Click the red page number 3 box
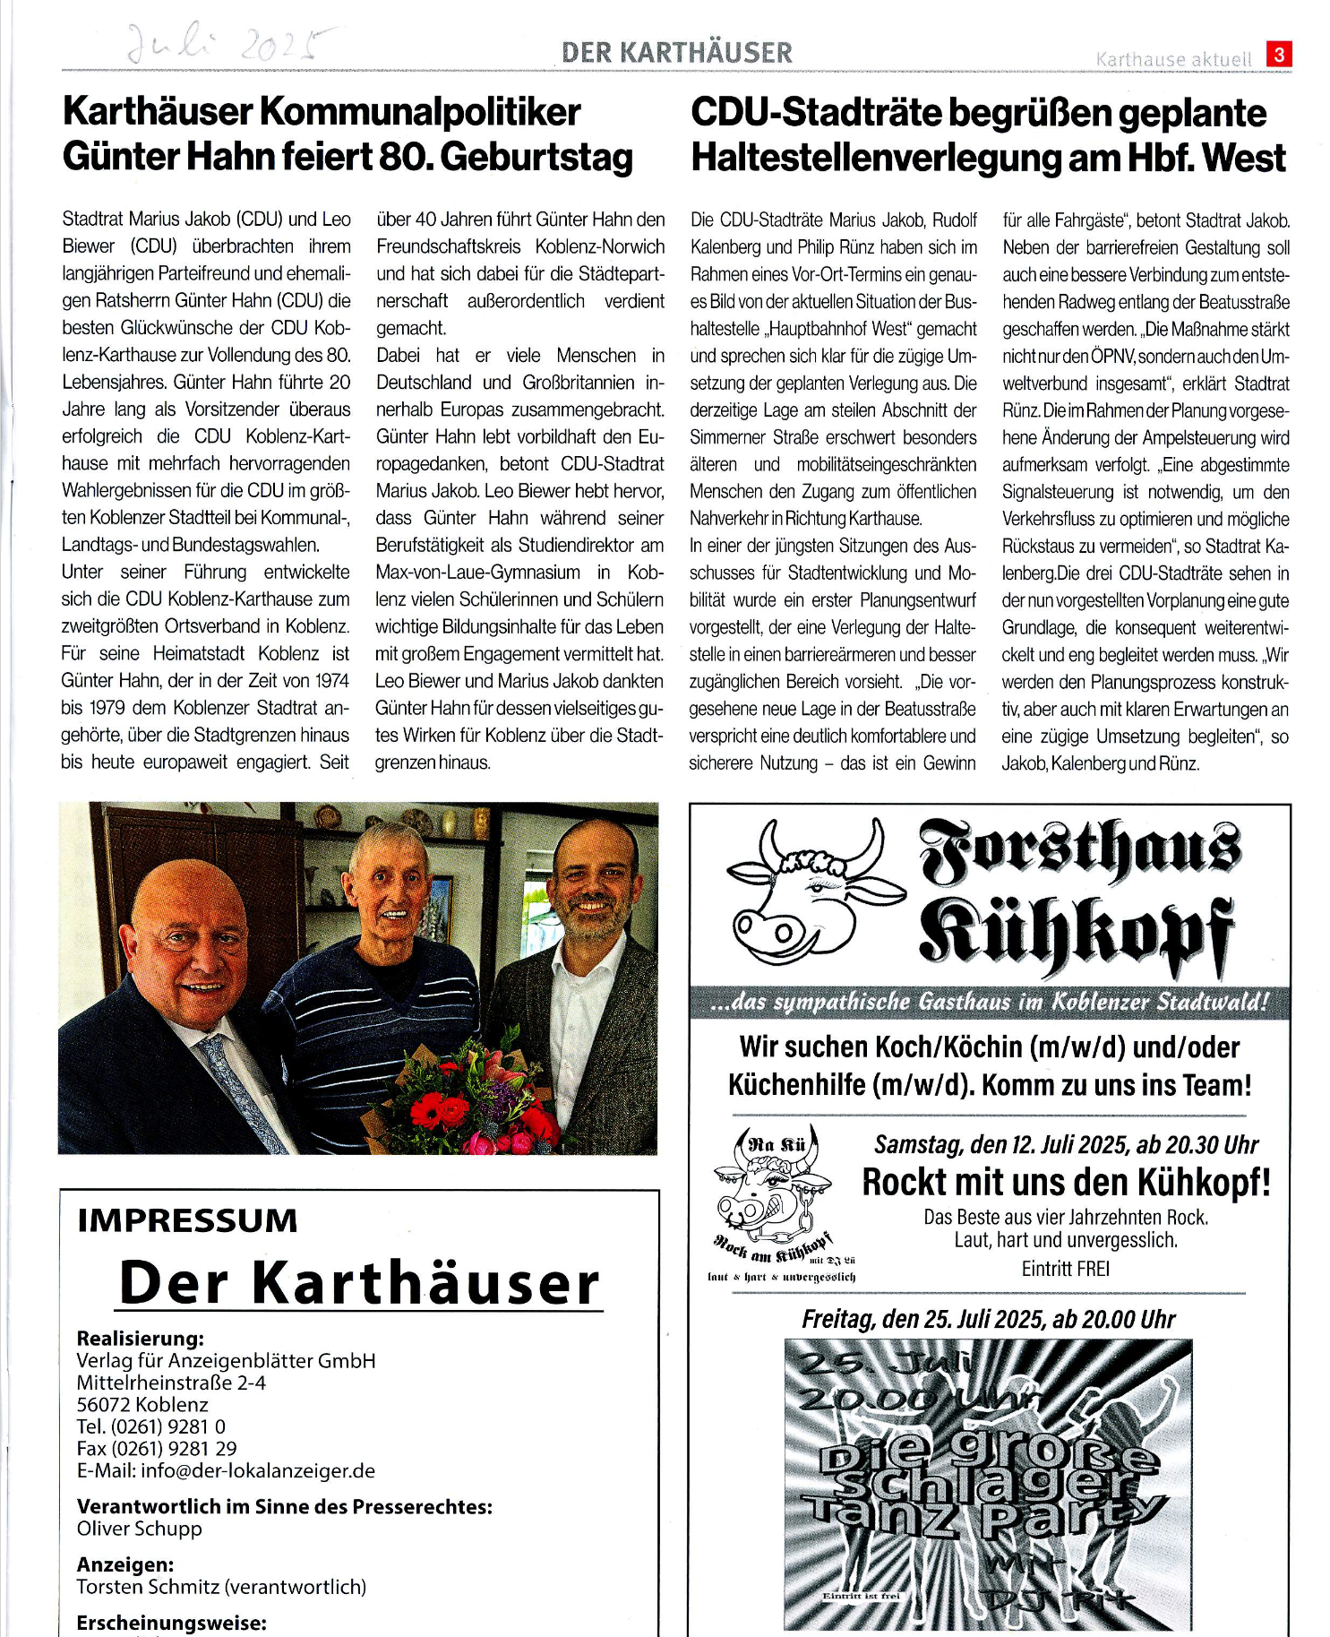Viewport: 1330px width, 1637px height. coord(1279,55)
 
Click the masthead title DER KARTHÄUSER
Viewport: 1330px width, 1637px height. coord(677,53)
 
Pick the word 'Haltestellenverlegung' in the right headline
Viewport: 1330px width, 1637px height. coord(905,158)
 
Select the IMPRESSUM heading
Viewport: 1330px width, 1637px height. coord(187,1220)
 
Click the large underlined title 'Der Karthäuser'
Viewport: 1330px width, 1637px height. coord(360,1283)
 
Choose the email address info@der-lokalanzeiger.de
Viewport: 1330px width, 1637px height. coord(226,1470)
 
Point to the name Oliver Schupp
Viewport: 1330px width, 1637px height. coord(140,1529)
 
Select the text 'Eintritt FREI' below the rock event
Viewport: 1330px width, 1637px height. coord(1065,1269)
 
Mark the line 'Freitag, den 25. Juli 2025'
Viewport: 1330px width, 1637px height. coord(988,1319)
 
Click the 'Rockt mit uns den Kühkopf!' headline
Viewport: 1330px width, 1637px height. coord(1066,1183)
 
